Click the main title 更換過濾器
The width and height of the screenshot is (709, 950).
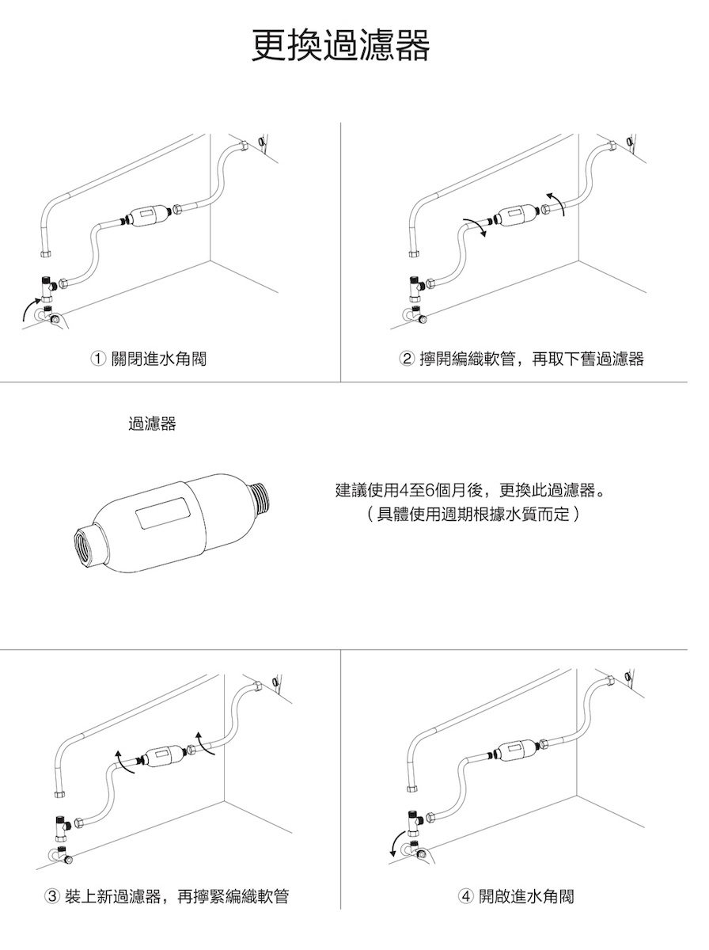[341, 45]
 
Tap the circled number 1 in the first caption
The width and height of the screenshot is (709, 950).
[98, 359]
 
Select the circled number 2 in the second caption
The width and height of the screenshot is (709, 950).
[406, 359]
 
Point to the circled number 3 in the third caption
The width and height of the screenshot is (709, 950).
[52, 896]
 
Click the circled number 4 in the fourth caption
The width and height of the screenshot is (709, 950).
[465, 896]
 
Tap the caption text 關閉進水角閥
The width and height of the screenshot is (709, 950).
[159, 359]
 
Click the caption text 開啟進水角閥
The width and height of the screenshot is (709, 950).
[526, 896]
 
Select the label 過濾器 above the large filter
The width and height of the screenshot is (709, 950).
[152, 424]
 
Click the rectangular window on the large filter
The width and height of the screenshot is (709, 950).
[163, 512]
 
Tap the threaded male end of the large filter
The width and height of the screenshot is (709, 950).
[259, 496]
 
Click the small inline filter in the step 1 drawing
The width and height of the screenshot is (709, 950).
[148, 214]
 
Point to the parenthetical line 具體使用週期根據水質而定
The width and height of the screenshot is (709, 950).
[473, 514]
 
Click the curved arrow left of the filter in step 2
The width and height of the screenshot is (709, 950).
[476, 226]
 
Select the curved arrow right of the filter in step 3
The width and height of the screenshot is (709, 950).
[205, 743]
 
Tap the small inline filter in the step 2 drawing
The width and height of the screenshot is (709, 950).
[515, 214]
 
